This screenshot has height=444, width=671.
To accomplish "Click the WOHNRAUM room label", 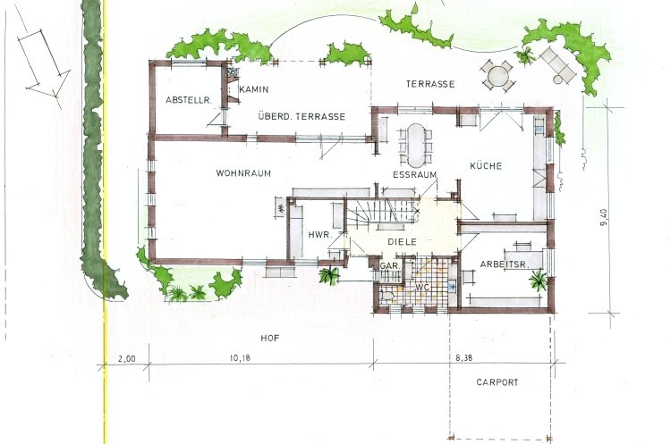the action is (243, 173).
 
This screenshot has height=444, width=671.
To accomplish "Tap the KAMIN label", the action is (254, 89).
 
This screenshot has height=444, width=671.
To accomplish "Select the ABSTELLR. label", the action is (189, 100).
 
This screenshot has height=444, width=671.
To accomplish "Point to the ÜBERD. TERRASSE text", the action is (302, 116).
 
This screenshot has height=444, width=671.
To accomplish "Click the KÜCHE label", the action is (486, 165).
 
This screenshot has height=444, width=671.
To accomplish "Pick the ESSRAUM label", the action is (414, 174).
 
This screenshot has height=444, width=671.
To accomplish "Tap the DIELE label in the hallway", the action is (403, 241).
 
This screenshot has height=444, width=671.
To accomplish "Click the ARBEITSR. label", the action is (505, 264).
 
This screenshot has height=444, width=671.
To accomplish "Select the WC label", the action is (422, 287).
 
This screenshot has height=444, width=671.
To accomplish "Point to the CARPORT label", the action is (497, 382).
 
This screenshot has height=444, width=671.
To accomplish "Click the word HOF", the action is (270, 338).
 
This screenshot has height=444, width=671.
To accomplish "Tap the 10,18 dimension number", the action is (240, 358).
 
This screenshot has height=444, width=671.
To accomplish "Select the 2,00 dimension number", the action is (127, 358).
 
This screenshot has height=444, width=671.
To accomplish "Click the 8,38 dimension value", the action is (463, 358).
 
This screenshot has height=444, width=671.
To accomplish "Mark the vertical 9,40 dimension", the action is (603, 218).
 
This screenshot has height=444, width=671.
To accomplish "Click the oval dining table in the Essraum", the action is (414, 146).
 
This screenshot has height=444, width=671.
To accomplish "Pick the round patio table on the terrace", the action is (497, 77).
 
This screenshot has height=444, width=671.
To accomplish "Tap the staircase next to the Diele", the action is (382, 211).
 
